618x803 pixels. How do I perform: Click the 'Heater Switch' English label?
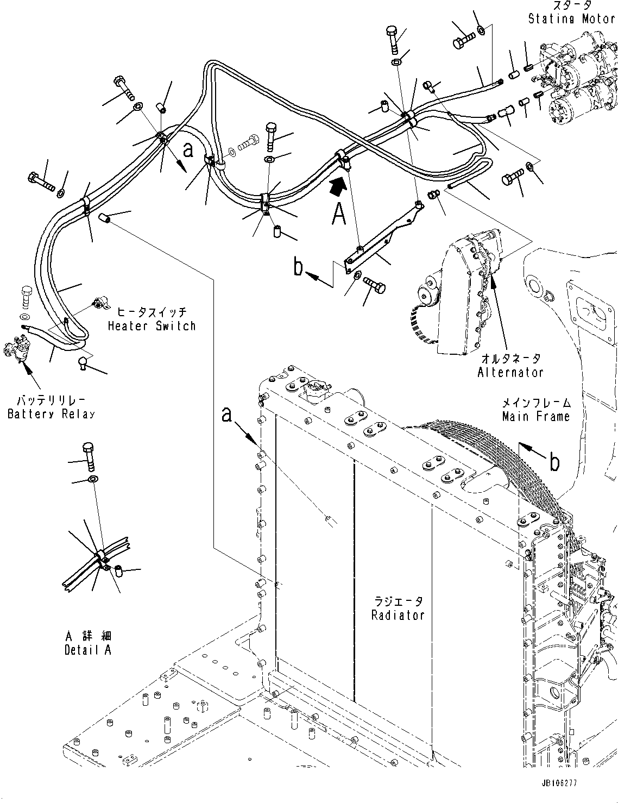coord(151,326)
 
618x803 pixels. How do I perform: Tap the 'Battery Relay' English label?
coord(51,414)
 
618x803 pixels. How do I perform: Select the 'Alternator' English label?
coord(510,372)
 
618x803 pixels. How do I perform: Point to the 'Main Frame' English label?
coord(535,417)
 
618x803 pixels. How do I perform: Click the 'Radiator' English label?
coord(398,615)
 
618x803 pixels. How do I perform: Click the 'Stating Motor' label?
coord(571,20)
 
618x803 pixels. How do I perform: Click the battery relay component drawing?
coord(18,348)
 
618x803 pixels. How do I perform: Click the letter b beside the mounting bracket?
coord(299,267)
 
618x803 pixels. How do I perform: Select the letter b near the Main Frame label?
coord(553,462)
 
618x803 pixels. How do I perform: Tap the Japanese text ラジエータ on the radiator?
coord(398,602)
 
